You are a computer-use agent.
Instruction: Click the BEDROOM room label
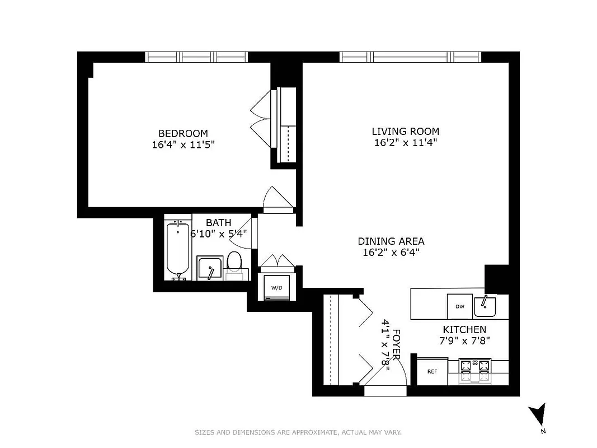click(x=183, y=133)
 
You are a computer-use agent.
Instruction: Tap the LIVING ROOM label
click(x=405, y=131)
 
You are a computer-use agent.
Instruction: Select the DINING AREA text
click(x=391, y=241)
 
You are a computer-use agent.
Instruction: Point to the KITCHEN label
click(x=464, y=330)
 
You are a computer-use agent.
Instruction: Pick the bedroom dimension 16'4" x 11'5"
click(x=183, y=144)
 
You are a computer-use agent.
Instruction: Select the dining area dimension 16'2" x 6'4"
click(x=391, y=253)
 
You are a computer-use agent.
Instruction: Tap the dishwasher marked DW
click(x=460, y=306)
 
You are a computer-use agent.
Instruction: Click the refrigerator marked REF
click(x=432, y=371)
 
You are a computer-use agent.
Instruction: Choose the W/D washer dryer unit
click(x=276, y=287)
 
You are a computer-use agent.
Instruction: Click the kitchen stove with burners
click(x=475, y=371)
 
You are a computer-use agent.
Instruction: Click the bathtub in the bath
click(x=178, y=250)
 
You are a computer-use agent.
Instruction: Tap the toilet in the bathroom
click(x=234, y=264)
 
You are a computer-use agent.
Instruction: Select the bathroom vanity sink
click(x=210, y=269)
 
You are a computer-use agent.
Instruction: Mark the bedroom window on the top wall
click(x=196, y=57)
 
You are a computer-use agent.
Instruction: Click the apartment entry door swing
click(x=386, y=376)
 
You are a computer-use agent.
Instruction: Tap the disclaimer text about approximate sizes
click(x=298, y=432)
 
